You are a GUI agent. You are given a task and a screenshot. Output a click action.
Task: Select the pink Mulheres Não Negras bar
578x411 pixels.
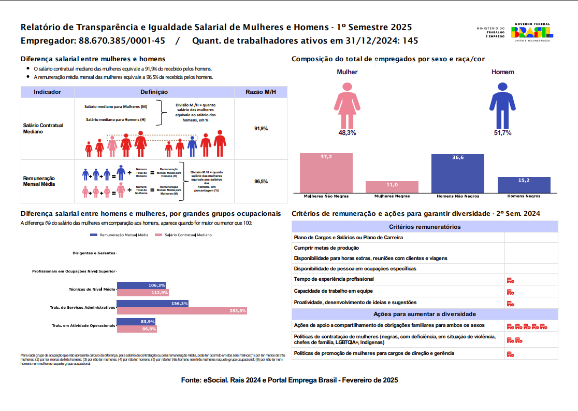pos(326,173)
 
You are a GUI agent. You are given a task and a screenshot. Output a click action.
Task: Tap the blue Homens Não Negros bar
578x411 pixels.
pos(458,173)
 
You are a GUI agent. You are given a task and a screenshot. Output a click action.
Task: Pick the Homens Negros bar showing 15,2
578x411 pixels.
pos(524,185)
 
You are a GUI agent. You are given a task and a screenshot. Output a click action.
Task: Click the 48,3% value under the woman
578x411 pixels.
pos(347,133)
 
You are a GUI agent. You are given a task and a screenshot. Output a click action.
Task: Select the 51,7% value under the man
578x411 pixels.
pos(502,133)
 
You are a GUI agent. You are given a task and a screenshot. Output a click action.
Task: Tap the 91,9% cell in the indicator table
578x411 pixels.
pos(261,128)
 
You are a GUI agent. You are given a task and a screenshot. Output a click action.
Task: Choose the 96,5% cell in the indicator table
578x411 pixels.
pos(261,182)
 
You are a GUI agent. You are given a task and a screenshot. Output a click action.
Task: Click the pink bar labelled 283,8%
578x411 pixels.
pos(182,311)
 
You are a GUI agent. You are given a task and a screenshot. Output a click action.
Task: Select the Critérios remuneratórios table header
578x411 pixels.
pos(425,227)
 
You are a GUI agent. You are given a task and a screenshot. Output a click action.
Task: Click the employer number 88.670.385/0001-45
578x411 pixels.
pos(122,40)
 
